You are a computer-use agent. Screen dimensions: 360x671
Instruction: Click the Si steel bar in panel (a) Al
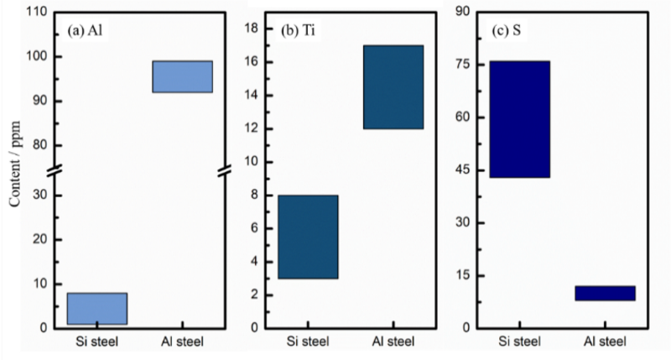pos(96,308)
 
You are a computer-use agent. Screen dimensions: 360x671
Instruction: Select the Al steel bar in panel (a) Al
pos(182,76)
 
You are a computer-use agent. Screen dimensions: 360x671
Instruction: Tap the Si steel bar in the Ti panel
pos(309,237)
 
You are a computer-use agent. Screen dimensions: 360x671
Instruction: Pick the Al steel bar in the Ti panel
pos(394,86)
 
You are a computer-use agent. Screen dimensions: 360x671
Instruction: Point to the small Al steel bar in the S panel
pos(606,293)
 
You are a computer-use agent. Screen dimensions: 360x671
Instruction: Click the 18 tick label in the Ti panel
pos(248,29)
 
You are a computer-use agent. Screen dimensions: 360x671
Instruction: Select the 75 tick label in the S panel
pos(460,65)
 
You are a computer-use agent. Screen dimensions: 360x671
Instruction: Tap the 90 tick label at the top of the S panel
pos(460,12)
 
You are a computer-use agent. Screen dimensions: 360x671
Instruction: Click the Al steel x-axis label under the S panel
pos(606,342)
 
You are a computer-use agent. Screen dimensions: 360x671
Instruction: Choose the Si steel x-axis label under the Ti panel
pos(309,342)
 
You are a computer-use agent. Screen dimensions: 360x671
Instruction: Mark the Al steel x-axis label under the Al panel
pos(182,342)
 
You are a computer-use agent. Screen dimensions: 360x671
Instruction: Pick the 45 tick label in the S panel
pos(460,170)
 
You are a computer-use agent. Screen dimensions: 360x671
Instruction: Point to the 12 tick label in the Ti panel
pos(248,128)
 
